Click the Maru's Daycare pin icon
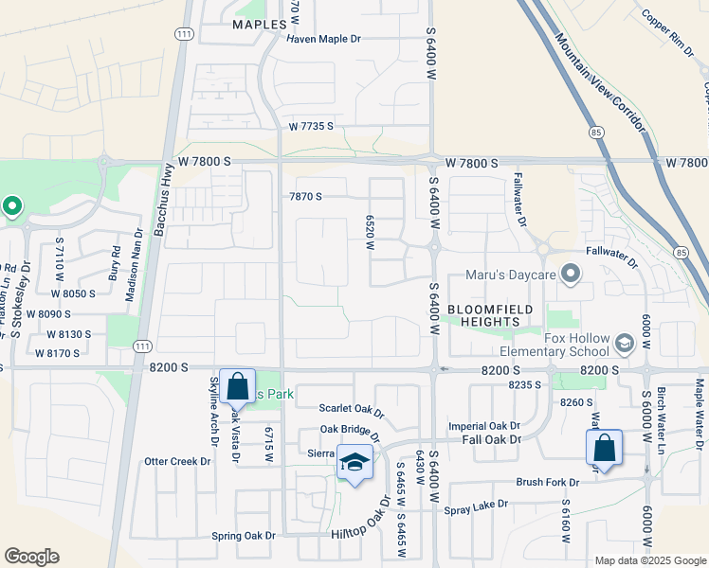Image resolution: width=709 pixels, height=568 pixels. click(x=571, y=275)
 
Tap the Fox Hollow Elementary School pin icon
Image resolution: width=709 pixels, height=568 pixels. click(x=624, y=343)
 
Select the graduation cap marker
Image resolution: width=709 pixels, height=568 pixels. click(x=354, y=462)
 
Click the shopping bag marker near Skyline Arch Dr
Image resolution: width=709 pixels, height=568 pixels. click(x=237, y=388)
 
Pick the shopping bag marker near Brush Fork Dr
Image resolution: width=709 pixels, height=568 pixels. click(x=604, y=448)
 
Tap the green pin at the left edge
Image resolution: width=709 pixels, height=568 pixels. click(x=11, y=204)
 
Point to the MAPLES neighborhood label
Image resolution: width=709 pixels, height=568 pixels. click(x=260, y=24)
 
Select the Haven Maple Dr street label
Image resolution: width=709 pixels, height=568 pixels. click(x=325, y=39)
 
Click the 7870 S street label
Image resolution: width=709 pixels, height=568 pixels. click(x=305, y=197)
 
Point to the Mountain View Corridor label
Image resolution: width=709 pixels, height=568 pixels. click(x=600, y=83)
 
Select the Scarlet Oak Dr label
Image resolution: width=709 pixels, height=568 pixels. click(x=352, y=414)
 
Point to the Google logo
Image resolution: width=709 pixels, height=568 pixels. click(x=31, y=557)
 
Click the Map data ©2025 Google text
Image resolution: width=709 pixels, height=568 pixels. click(x=649, y=560)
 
